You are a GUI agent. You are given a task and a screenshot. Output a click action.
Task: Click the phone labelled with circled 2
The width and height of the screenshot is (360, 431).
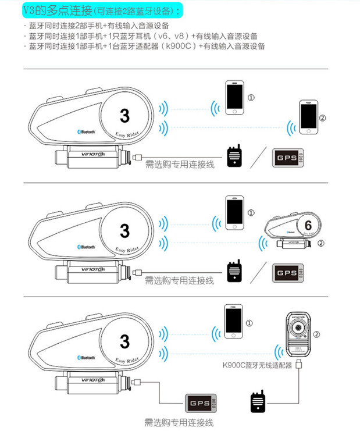tap(308, 119)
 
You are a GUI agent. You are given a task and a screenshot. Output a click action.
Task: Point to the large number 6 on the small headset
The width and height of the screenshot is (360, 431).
tap(308, 224)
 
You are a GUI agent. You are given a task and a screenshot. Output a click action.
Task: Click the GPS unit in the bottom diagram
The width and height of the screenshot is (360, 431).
tap(200, 404)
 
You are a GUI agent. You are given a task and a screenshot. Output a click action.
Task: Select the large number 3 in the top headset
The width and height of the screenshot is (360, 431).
tap(124, 115)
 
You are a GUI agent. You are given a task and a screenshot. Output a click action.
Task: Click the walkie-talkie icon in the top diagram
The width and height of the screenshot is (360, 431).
tap(236, 155)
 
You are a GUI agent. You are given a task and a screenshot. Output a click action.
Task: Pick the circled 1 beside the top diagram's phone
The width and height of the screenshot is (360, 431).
tap(251, 97)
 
